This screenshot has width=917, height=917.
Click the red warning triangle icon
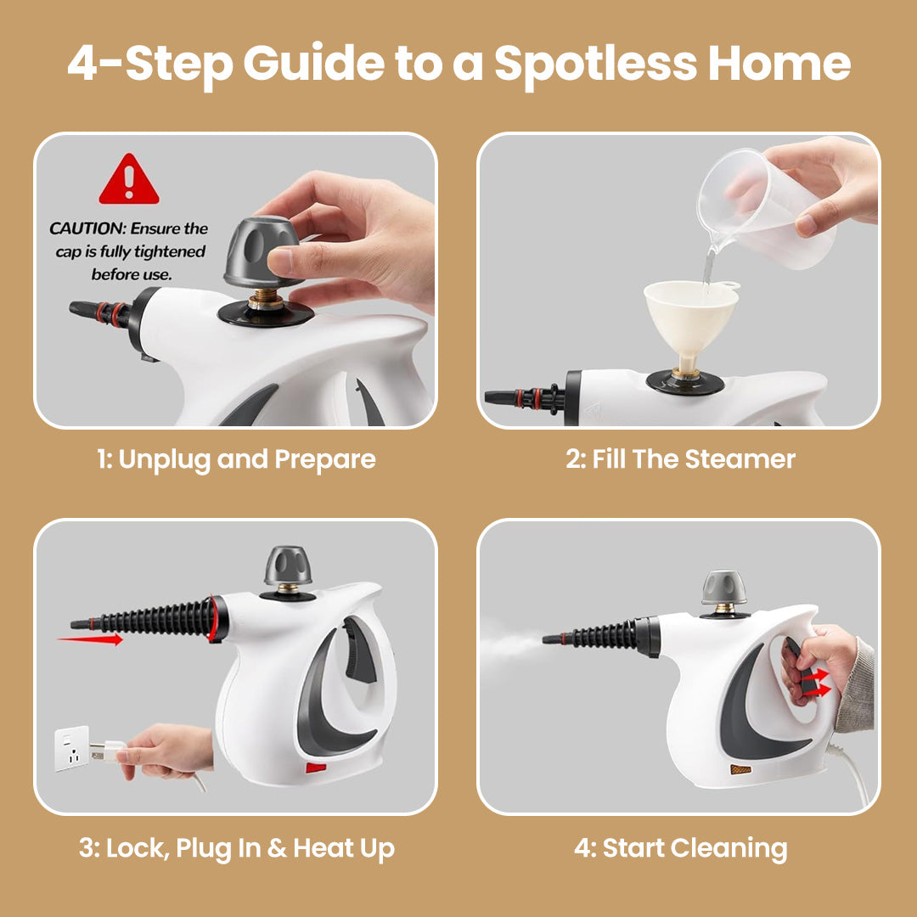pyautogui.click(x=129, y=182)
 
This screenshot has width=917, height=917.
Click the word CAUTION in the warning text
pyautogui.click(x=85, y=228)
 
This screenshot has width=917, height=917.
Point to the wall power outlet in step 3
pyautogui.click(x=73, y=747)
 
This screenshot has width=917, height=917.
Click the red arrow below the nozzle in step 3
pyautogui.click(x=90, y=639)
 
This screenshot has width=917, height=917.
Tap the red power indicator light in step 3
pyautogui.click(x=316, y=768)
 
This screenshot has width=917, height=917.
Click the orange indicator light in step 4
pyautogui.click(x=740, y=769)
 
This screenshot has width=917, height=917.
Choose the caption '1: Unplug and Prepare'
pyautogui.click(x=235, y=459)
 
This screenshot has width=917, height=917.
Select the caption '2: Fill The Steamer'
pyautogui.click(x=680, y=459)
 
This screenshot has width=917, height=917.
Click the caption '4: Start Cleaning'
pyautogui.click(x=680, y=847)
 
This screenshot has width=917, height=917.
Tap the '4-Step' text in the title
pyautogui.click(x=147, y=63)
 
